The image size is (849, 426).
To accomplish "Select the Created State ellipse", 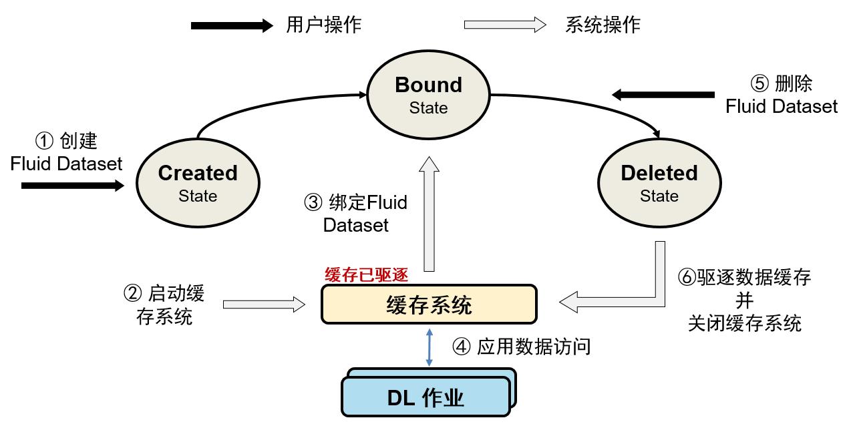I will tap(198, 182).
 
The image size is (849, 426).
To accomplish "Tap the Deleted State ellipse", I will tap(659, 182).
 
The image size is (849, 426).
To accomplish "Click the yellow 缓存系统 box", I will tap(429, 305).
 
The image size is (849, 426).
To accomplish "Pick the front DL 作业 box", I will tap(426, 398).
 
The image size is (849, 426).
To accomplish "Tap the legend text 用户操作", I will tap(324, 25).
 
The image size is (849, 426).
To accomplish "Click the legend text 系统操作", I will tap(603, 25).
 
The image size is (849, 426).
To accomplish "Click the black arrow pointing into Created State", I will tap(73, 185).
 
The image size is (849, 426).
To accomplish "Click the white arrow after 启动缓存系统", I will tap(263, 305).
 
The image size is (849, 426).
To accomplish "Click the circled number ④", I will tap(462, 347).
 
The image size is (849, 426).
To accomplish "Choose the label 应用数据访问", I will tap(534, 347).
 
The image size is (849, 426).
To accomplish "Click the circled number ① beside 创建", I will tap(43, 141).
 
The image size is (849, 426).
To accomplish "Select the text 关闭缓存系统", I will tap(745, 324).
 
